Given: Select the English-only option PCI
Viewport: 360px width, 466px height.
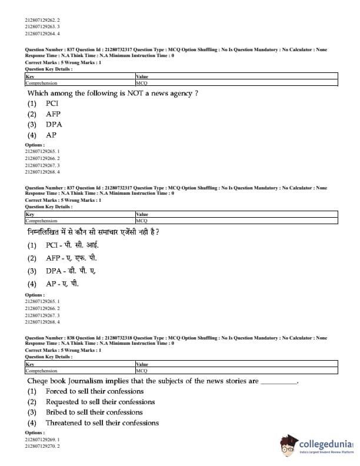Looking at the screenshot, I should pos(52,104).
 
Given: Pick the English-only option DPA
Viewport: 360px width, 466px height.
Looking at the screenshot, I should pos(54,125).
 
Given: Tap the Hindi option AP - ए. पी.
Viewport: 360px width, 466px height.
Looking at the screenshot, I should pos(62,284).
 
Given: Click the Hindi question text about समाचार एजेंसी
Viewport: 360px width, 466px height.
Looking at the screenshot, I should pos(94,232).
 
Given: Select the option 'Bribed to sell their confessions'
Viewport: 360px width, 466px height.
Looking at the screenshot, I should pos(94,412).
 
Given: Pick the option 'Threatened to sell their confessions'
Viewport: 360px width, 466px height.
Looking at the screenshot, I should pos(102,423).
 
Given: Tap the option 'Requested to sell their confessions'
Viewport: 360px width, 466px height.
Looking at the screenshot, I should pos(100,402).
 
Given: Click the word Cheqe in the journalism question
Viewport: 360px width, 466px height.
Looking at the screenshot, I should pos(39,381).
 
